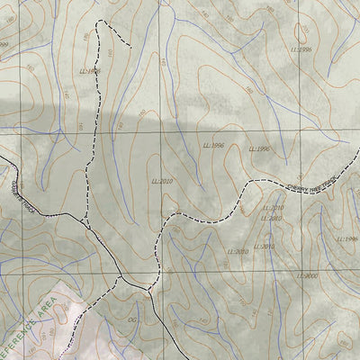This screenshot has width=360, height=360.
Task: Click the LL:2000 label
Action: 308,276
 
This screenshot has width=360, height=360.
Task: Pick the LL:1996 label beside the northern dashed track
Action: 89,70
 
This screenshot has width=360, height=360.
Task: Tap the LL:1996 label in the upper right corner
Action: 302,49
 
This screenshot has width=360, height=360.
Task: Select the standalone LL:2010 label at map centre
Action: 161,180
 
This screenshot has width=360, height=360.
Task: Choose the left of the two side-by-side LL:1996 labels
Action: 213,144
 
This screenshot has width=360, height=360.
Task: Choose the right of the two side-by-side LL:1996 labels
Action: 259,148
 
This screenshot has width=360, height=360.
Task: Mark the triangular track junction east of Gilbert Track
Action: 85,220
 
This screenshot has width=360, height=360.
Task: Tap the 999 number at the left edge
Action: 4,44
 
